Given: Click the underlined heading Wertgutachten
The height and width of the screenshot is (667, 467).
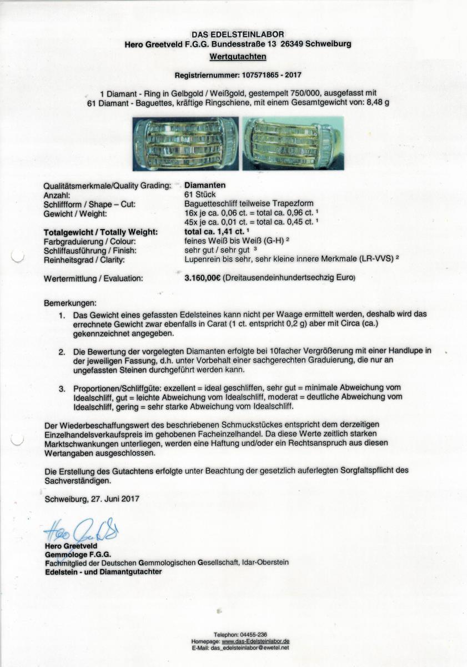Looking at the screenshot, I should (x=238, y=57).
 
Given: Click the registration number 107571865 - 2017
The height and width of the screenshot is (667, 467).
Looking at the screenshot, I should (x=269, y=74).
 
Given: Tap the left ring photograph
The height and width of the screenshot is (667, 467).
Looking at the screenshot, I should (x=185, y=143).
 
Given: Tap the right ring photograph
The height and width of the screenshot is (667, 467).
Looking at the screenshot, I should (x=293, y=143).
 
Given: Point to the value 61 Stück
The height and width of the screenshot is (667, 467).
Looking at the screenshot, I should (x=200, y=195).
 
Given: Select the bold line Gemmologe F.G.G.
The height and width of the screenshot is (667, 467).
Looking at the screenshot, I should (x=78, y=554).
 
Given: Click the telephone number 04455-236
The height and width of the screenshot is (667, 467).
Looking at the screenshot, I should (x=254, y=635).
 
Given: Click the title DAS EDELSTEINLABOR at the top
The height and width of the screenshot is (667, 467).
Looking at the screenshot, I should (x=238, y=34).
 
